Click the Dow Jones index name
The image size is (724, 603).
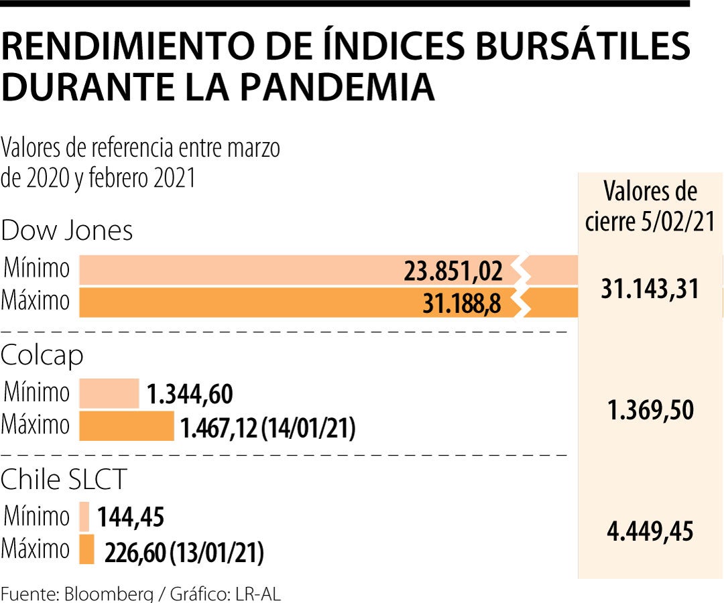pos(67,231)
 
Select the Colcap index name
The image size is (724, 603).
pos(42,356)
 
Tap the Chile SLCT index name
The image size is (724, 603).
pos(64,480)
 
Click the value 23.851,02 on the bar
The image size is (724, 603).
pos(453,271)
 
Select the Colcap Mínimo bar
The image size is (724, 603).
pos(109,393)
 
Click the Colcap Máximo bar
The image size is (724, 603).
pos(126,426)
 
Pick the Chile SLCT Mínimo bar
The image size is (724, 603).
pos(84,517)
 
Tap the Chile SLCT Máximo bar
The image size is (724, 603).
pos(86,549)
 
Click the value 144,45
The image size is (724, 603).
pos(131,517)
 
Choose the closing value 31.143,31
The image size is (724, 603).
pos(650,289)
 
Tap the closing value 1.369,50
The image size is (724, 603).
pos(650,410)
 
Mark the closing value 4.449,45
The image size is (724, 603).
pos(650,533)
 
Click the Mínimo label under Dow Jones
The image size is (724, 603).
pos(37,269)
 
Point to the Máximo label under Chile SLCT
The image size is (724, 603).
pos(36,549)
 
